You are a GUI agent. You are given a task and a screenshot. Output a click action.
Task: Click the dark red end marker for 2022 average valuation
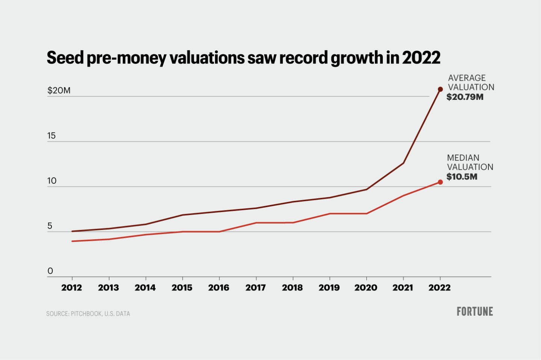click(x=440, y=89)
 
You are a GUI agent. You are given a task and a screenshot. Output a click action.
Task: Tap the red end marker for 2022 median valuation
click(x=440, y=182)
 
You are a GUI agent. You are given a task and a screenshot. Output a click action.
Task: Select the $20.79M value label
click(x=465, y=97)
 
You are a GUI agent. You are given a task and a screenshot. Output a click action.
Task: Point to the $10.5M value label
click(x=462, y=177)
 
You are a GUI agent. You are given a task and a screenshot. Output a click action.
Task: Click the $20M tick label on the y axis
click(x=59, y=90)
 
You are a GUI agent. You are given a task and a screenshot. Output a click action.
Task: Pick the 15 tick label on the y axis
click(x=51, y=136)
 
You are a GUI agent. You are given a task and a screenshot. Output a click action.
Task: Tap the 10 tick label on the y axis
click(x=51, y=181)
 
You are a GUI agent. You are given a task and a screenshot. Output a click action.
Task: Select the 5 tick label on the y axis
click(x=50, y=226)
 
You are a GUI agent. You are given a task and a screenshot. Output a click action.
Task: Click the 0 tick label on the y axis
click(x=50, y=271)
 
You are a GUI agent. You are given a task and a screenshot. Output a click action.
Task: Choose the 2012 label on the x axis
click(x=72, y=288)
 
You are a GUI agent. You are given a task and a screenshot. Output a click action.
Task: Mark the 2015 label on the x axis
click(x=182, y=288)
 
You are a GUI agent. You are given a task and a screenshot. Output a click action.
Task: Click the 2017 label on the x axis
click(x=255, y=288)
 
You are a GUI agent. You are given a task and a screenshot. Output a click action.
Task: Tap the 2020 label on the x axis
click(x=366, y=288)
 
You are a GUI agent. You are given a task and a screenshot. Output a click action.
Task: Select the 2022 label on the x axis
click(x=440, y=288)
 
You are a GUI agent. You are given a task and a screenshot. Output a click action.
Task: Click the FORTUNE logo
click(x=475, y=312)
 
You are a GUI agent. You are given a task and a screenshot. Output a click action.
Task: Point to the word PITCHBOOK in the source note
click(x=86, y=314)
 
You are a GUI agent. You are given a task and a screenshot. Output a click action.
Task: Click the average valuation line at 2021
click(x=403, y=163)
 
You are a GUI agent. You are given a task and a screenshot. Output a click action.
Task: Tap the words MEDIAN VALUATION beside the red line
click(x=470, y=163)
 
